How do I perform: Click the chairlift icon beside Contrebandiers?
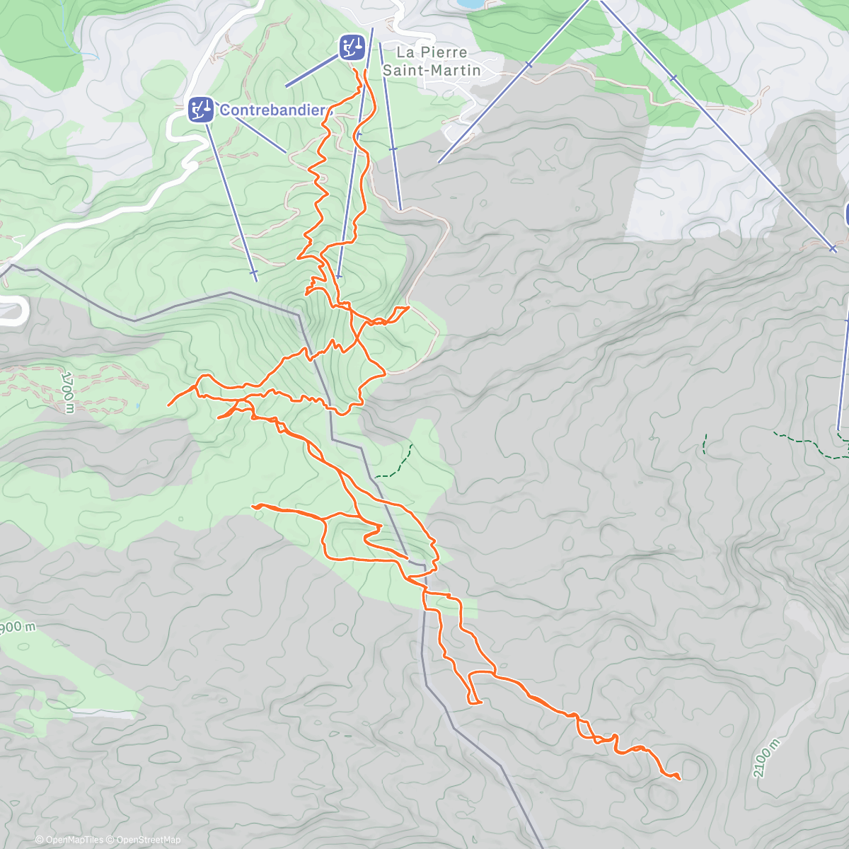[201, 110]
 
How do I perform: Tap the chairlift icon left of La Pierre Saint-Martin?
[352, 47]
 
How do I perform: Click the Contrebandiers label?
[273, 110]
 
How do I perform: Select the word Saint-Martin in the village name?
[432, 70]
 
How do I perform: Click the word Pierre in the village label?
[444, 52]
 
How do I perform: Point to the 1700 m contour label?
[67, 391]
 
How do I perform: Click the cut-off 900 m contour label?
[17, 628]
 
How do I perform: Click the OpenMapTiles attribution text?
[69, 840]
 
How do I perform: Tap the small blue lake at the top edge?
[468, 4]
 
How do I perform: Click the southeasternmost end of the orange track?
[679, 779]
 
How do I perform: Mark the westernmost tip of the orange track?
[168, 405]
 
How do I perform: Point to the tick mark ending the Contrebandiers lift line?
[253, 272]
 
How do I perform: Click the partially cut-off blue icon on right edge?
[846, 214]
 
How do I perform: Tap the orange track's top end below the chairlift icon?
[365, 71]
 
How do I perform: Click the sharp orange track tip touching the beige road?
[409, 307]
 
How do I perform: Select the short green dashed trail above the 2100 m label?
[705, 444]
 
